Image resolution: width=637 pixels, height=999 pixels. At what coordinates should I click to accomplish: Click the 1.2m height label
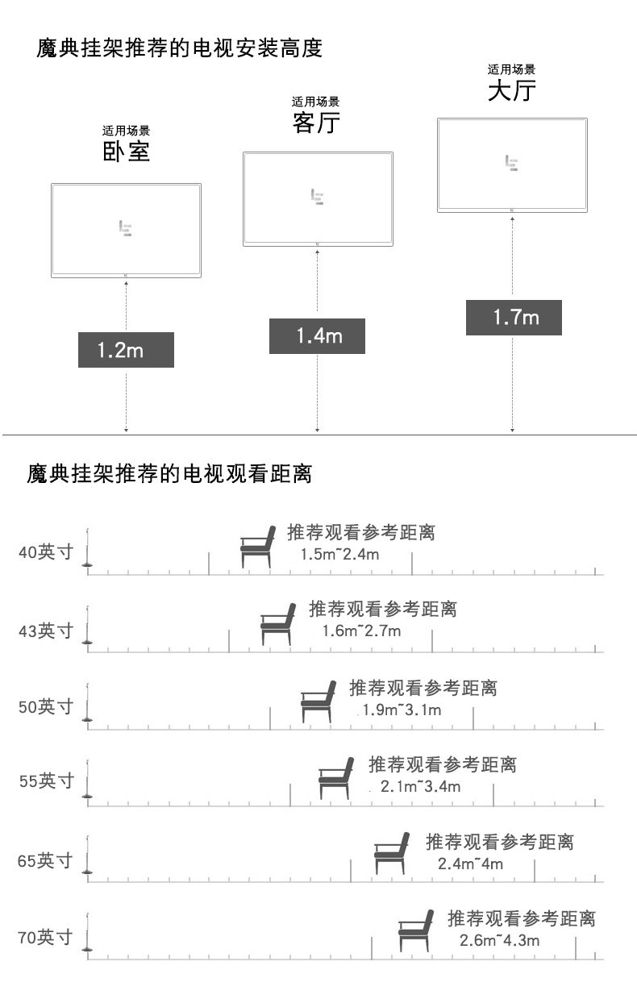tap(126, 350)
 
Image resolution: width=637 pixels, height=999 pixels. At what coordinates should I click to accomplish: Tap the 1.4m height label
tap(317, 335)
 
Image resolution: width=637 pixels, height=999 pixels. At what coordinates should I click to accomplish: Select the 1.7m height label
tap(514, 317)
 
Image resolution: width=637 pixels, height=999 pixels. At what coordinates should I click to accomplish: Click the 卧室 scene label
tap(126, 151)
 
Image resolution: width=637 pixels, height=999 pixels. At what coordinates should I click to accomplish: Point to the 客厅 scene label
tap(316, 123)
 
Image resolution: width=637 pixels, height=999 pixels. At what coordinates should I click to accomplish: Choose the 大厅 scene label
tap(512, 90)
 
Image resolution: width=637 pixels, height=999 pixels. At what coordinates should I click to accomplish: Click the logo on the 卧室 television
tap(125, 228)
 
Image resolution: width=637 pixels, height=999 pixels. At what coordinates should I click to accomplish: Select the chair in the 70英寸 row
tap(416, 930)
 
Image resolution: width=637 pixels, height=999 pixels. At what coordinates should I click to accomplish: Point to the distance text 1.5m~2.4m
tap(339, 555)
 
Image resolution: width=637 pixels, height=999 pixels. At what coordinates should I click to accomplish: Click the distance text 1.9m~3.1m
tap(402, 710)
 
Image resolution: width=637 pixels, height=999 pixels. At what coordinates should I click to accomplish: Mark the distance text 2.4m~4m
tap(470, 864)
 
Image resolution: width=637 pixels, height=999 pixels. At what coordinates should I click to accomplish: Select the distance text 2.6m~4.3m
tap(500, 940)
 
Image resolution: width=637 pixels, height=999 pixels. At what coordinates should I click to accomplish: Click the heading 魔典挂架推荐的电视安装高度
tap(179, 48)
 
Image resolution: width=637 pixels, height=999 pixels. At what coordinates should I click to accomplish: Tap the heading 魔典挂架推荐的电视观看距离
tap(169, 473)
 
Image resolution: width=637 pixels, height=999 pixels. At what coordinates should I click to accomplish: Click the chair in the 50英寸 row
tap(318, 701)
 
